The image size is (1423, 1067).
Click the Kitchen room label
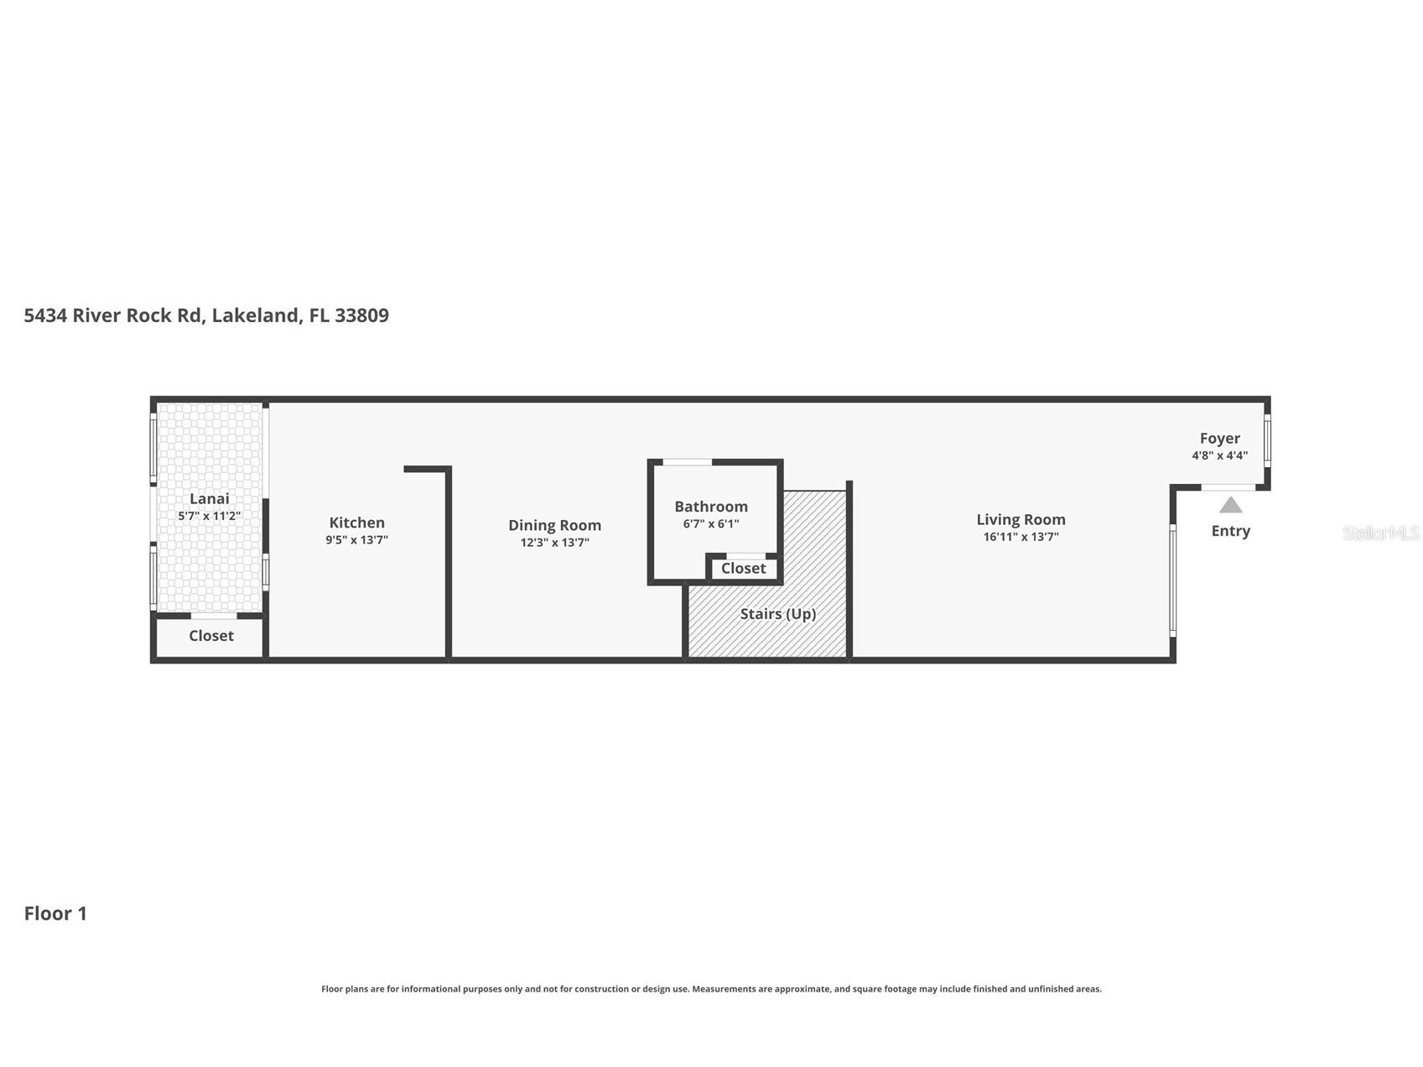coord(356,523)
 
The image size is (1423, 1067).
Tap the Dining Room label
coord(554,526)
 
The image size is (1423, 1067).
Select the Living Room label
coord(1021,520)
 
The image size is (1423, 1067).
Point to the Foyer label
coord(1219,439)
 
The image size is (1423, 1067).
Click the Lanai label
coord(209,499)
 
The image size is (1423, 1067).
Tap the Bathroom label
coord(711,507)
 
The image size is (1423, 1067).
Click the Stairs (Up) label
coord(778,614)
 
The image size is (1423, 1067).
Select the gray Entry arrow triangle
coord(1230,505)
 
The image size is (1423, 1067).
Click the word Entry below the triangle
coord(1230,531)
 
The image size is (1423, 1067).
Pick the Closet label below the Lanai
coord(211,636)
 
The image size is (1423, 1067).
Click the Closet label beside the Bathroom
coord(743,569)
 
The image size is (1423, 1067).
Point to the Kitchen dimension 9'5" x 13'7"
coord(356,540)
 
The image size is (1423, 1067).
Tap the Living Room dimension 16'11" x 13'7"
coord(1021,537)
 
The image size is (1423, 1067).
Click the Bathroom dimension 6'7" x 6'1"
coord(711,524)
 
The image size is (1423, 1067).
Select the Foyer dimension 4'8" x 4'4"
coord(1219,455)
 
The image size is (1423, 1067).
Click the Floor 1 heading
coord(55,913)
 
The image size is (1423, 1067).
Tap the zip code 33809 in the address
coord(361,315)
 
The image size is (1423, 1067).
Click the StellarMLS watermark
coord(1381,533)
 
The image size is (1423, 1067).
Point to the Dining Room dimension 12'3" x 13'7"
coord(554,543)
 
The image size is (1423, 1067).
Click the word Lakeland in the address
coord(256,316)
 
